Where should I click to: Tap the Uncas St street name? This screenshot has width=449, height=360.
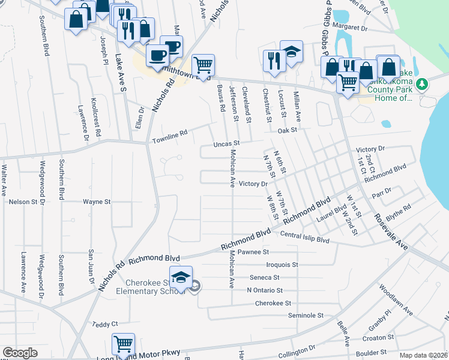[227, 144]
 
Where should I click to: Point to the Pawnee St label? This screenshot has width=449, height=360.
[253, 253]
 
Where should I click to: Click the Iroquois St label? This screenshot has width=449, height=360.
[282, 264]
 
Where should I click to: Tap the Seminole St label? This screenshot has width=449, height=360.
[306, 315]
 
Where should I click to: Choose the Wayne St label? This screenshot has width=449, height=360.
[97, 202]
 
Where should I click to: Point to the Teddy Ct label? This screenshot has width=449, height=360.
[105, 324]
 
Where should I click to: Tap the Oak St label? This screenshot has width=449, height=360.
[288, 130]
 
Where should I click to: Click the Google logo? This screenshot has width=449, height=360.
[20, 353]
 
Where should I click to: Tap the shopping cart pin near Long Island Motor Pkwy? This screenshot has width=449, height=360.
[123, 345]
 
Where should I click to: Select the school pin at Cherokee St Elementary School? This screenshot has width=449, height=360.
[180, 277]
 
